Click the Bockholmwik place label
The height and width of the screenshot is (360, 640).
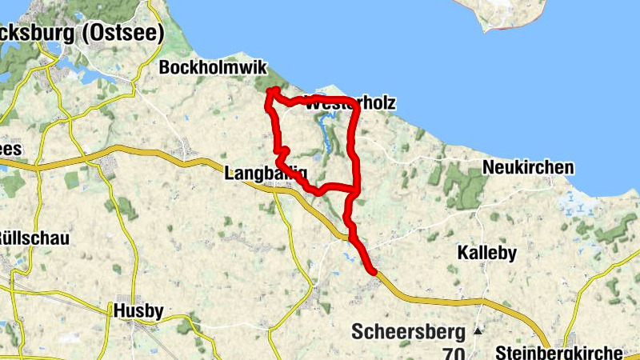[x=213, y=69]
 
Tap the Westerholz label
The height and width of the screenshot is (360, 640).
[x=350, y=105]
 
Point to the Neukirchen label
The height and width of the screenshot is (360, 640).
[x=528, y=168]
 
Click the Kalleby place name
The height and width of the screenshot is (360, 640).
[x=486, y=253]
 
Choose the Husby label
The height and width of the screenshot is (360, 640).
[x=138, y=310]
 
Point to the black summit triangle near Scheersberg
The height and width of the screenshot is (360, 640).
[x=478, y=330]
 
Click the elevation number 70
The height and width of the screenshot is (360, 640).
[x=454, y=352]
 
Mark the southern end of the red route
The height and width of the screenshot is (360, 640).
[x=373, y=273]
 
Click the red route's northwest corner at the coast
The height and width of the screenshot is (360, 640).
[x=272, y=91]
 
